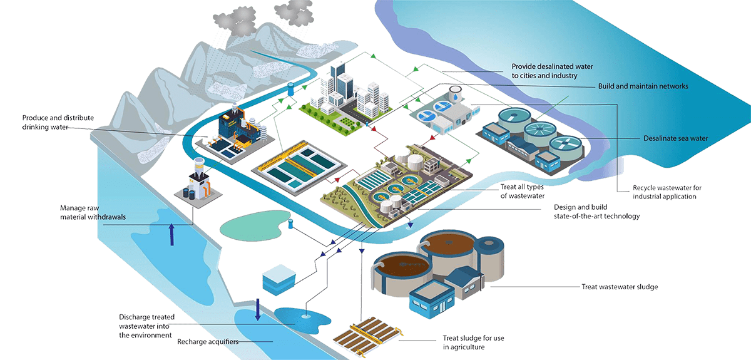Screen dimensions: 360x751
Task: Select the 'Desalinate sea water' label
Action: point(675,138)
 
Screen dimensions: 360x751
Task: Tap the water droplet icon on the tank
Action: point(455,97)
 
